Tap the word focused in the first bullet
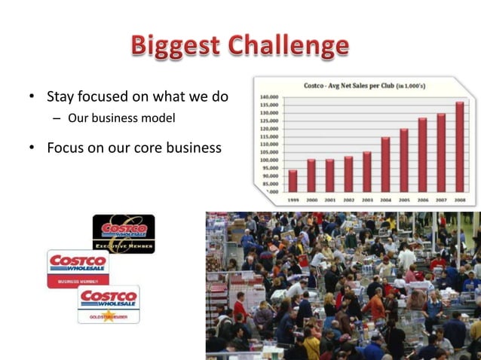(104, 97)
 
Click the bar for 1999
(293, 181)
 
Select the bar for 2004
(385, 164)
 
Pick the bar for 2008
(459, 147)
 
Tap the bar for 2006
(422, 154)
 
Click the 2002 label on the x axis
(348, 200)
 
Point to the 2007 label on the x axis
(441, 200)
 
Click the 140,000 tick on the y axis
(269, 98)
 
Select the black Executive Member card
(124, 233)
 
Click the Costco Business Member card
(78, 268)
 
